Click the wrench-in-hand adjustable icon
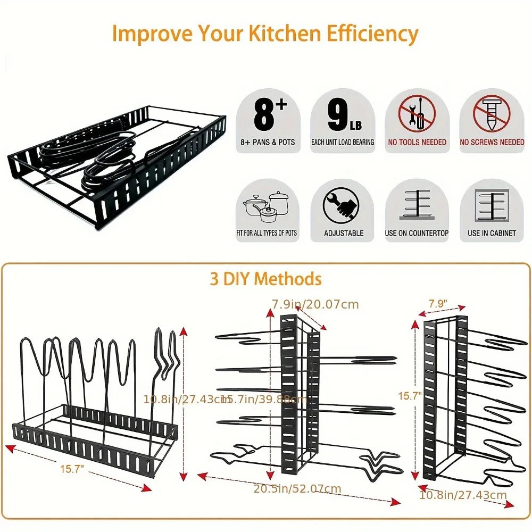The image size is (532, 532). tap(343, 205)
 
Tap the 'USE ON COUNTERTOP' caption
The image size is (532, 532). tap(417, 233)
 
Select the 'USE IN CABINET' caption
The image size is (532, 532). tap(492, 233)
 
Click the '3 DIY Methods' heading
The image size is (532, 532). tap(265, 279)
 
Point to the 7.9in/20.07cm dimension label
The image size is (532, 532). tap(315, 304)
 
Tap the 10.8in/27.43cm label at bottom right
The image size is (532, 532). tap(463, 495)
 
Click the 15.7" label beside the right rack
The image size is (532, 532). tap(410, 395)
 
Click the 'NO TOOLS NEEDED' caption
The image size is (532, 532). tap(418, 143)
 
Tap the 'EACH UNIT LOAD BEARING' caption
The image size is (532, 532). tap(343, 143)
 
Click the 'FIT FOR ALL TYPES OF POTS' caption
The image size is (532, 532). tap(267, 233)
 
